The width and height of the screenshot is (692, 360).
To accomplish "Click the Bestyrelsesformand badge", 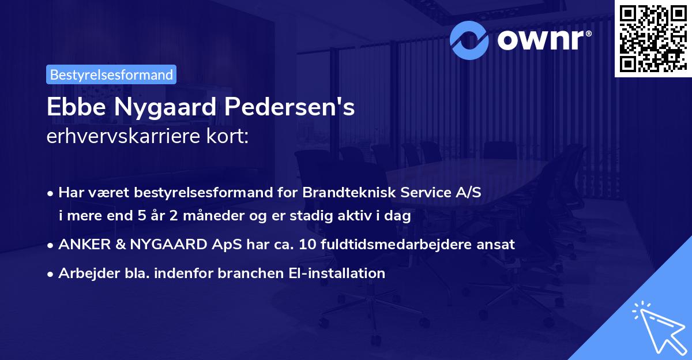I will tap(111, 74).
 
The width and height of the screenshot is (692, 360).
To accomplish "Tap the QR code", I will tap(652, 39).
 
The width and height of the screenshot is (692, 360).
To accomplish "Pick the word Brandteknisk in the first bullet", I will tap(339, 193).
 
